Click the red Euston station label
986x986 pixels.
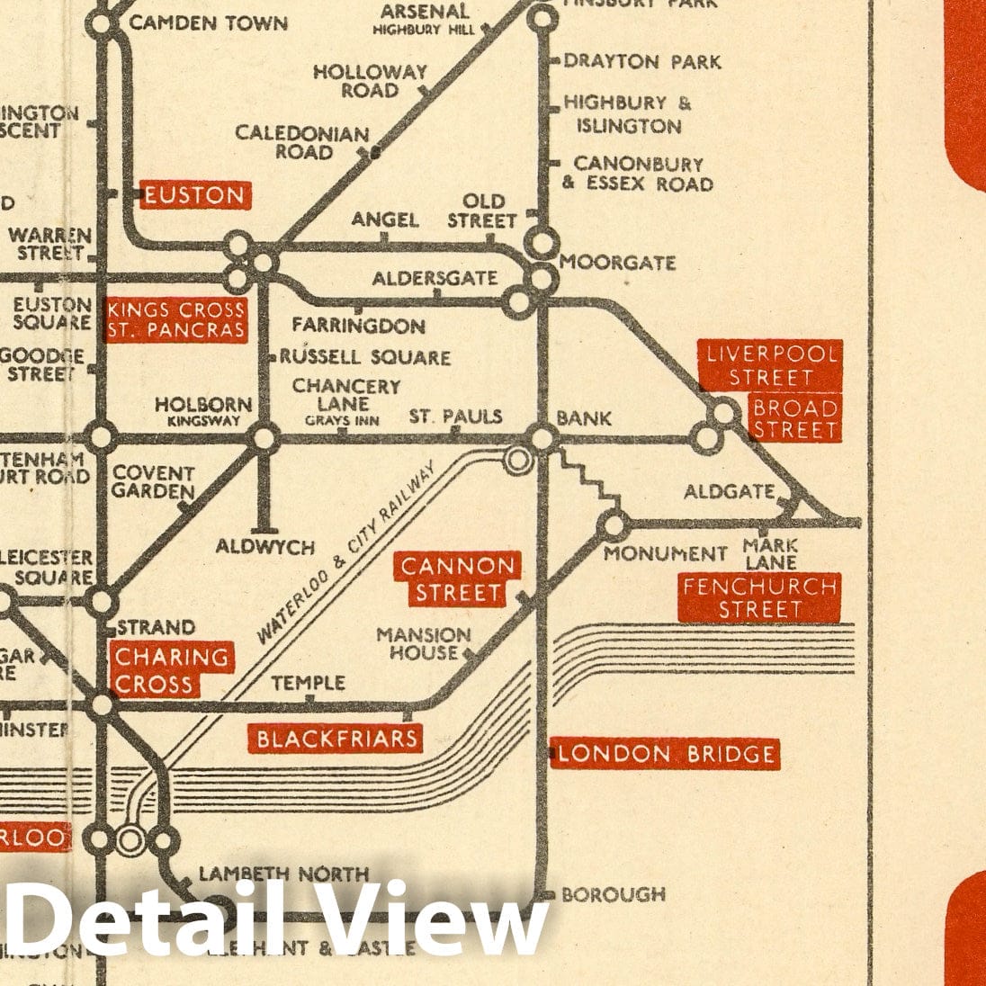(193, 195)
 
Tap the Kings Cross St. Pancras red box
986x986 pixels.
(175, 320)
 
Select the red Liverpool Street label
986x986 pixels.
(771, 365)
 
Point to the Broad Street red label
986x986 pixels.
(794, 418)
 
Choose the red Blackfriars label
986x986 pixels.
(336, 739)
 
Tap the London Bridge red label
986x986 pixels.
(665, 753)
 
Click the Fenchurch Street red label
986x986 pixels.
(760, 598)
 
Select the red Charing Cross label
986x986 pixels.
(171, 670)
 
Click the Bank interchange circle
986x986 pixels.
(542, 439)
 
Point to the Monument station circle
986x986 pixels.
(614, 524)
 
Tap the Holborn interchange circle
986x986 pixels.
(264, 439)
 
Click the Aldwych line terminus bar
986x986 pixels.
(264, 530)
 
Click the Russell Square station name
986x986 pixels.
(364, 357)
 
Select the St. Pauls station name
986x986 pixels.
(455, 417)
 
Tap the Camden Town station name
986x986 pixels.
(208, 22)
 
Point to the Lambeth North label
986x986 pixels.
(283, 874)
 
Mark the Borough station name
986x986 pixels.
(613, 894)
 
